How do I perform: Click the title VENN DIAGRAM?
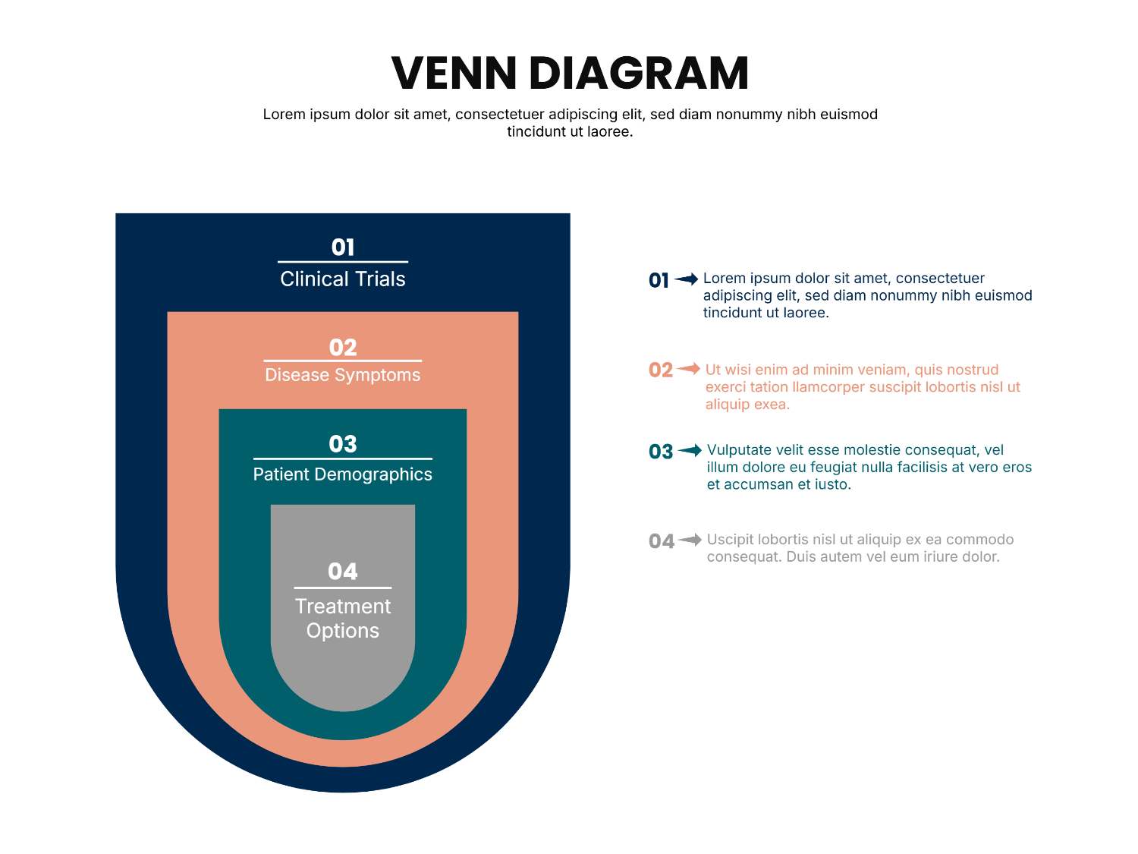click(569, 73)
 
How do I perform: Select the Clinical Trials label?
click(342, 279)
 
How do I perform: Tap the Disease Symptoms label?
click(342, 374)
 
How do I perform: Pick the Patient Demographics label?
click(342, 474)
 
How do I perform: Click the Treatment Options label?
click(342, 618)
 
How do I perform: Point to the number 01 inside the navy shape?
click(342, 247)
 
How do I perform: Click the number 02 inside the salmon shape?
click(342, 347)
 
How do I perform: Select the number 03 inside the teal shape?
click(342, 443)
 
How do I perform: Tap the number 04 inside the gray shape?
click(342, 571)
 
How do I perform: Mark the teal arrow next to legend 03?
click(689, 449)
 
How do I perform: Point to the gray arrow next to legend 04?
click(689, 539)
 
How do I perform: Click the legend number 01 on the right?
click(658, 280)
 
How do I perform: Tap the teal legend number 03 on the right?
click(660, 451)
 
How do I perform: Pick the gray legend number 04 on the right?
click(661, 540)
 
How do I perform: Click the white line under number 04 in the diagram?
click(342, 588)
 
